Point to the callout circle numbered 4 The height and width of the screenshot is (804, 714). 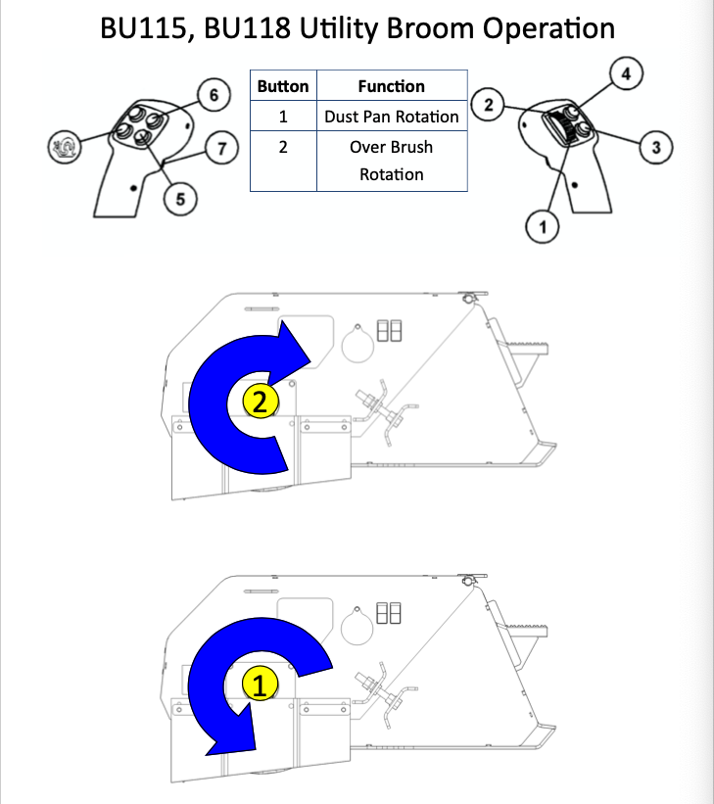(627, 73)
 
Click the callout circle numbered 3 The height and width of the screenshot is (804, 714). (654, 148)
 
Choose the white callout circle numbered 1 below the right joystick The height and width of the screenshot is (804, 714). (542, 228)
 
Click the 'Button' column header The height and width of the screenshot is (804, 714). (282, 86)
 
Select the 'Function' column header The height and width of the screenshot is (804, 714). (391, 86)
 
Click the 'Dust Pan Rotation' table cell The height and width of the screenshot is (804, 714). (391, 117)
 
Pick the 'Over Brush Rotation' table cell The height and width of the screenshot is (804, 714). (391, 161)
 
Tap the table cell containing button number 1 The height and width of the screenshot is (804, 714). (282, 117)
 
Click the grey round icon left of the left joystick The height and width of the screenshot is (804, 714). (65, 148)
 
